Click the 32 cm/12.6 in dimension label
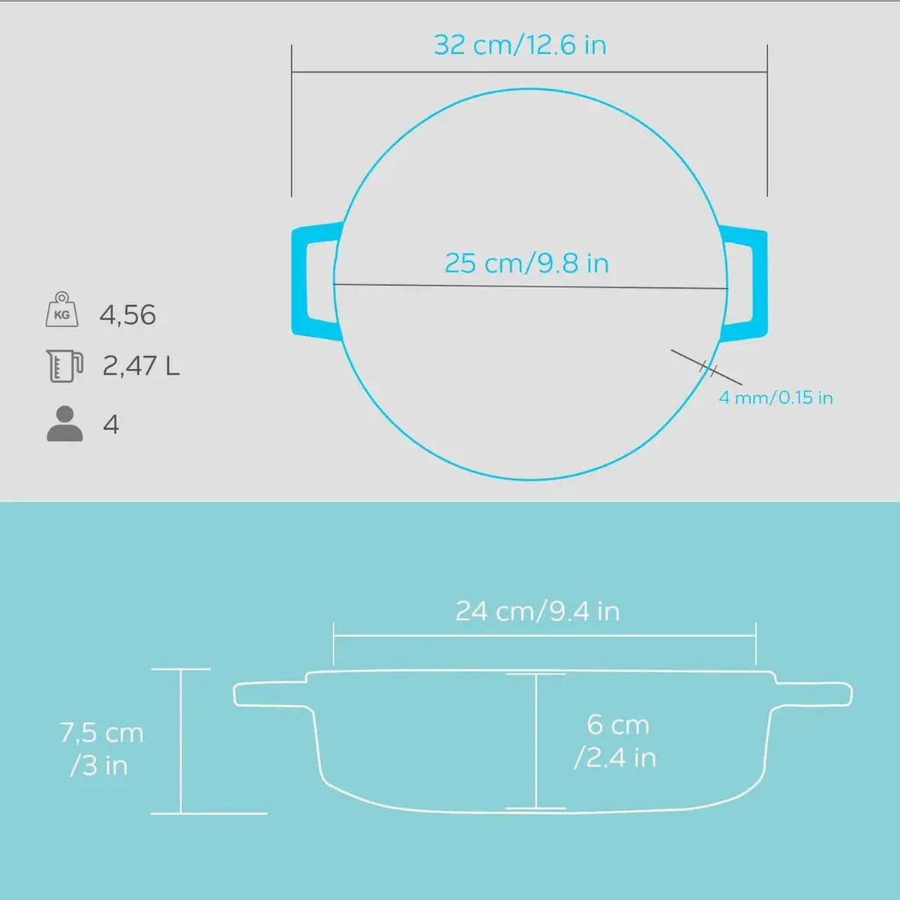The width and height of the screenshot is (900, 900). tap(520, 45)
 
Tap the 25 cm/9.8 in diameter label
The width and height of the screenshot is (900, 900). tap(526, 263)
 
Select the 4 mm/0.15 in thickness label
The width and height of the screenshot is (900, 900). tap(775, 397)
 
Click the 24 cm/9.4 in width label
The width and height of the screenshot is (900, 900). tap(537, 611)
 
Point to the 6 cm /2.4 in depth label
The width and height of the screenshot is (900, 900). tap(616, 741)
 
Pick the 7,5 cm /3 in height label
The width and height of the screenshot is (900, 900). tap(100, 748)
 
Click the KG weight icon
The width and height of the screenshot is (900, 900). tap(61, 310)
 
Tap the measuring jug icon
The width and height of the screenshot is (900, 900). tap(63, 365)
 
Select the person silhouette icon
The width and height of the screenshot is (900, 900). tap(64, 424)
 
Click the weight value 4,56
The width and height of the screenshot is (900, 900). tap(127, 315)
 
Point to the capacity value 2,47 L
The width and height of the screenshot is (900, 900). tap(141, 366)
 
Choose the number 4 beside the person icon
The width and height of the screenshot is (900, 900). tap(111, 425)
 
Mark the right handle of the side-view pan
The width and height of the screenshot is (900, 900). tap(814, 694)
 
